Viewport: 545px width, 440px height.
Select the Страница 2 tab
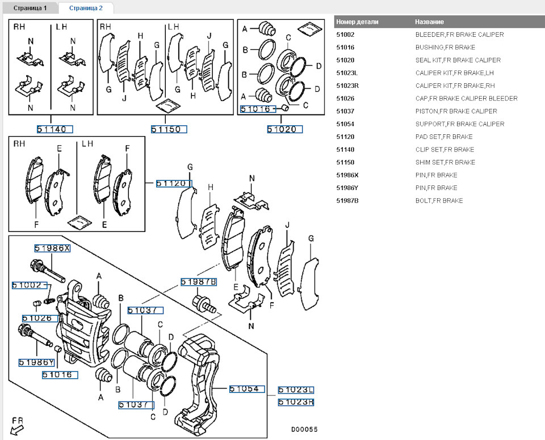click(86, 8)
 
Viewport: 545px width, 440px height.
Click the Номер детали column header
click(357, 22)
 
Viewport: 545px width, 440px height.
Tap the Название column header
click(430, 22)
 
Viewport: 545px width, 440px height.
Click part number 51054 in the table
click(345, 124)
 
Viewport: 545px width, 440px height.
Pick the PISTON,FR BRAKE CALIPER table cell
click(456, 111)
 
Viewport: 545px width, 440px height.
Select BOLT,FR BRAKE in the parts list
click(439, 201)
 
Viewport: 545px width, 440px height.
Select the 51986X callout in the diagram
click(52, 248)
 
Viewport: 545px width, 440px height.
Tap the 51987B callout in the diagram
click(199, 282)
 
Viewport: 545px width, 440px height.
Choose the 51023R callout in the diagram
click(296, 403)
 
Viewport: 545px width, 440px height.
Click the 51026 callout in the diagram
click(41, 319)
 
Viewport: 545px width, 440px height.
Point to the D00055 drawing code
click(304, 429)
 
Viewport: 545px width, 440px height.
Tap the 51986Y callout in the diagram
click(36, 362)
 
